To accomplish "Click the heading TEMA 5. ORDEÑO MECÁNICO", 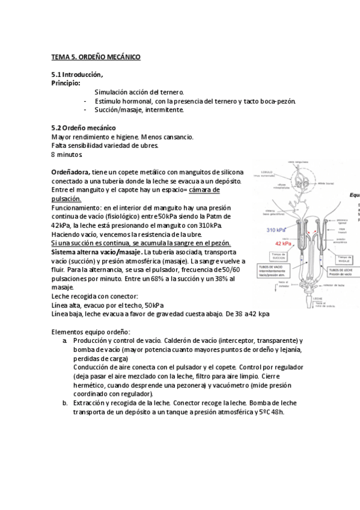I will pyautogui.click(x=96, y=57).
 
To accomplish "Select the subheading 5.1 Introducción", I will pyautogui.click(x=77, y=75).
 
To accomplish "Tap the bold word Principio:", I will pyautogui.click(x=66, y=83).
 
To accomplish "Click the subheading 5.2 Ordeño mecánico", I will pyautogui.click(x=84, y=128).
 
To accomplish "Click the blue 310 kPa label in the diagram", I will pyautogui.click(x=275, y=230).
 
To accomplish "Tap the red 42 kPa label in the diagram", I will pyautogui.click(x=283, y=244).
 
